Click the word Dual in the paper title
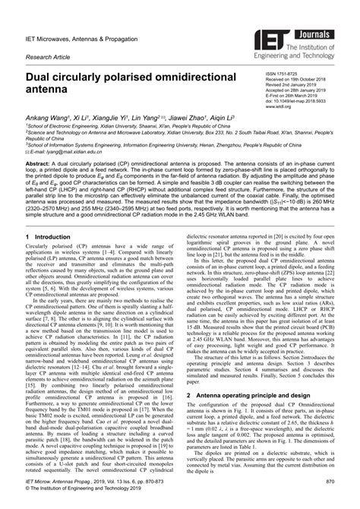pyautogui.click(x=39, y=76)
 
